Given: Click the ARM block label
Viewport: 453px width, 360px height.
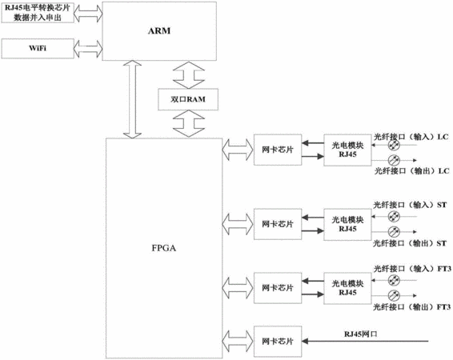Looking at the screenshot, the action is click(x=159, y=30).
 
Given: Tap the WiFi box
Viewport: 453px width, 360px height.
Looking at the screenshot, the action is click(x=38, y=49).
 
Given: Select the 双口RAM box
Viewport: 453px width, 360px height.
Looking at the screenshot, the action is click(x=188, y=99).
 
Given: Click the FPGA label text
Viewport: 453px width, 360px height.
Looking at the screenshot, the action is click(x=164, y=248).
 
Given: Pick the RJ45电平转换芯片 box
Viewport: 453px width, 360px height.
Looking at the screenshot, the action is click(x=38, y=13).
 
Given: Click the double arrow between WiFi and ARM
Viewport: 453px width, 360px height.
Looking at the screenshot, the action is click(x=88, y=49).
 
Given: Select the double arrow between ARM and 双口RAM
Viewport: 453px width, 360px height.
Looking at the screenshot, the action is click(x=189, y=74).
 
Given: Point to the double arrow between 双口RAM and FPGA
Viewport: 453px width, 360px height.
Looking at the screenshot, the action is click(x=189, y=123).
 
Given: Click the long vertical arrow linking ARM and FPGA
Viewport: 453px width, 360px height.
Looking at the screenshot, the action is click(x=132, y=99).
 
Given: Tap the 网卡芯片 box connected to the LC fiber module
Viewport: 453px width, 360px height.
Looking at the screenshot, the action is click(x=278, y=150).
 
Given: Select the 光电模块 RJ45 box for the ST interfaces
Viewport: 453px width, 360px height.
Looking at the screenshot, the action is click(x=347, y=224).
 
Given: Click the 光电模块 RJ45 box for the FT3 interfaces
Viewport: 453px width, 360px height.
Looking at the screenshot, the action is click(x=347, y=288).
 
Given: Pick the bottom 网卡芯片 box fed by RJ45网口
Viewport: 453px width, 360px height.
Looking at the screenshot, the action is click(x=278, y=342).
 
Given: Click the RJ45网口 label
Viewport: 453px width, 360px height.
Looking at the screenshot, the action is click(x=360, y=334).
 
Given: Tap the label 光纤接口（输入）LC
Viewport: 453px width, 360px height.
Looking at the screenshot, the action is click(x=411, y=137).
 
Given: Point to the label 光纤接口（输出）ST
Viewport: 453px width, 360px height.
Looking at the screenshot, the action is click(x=410, y=243).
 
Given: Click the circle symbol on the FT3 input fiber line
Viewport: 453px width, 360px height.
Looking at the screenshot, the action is click(x=394, y=280).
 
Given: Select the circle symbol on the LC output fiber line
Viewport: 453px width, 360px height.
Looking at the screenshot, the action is click(x=394, y=160).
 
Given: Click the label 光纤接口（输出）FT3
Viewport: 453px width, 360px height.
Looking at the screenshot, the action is click(x=412, y=307).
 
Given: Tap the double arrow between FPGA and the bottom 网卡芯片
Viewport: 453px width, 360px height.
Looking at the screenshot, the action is click(x=237, y=342).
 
